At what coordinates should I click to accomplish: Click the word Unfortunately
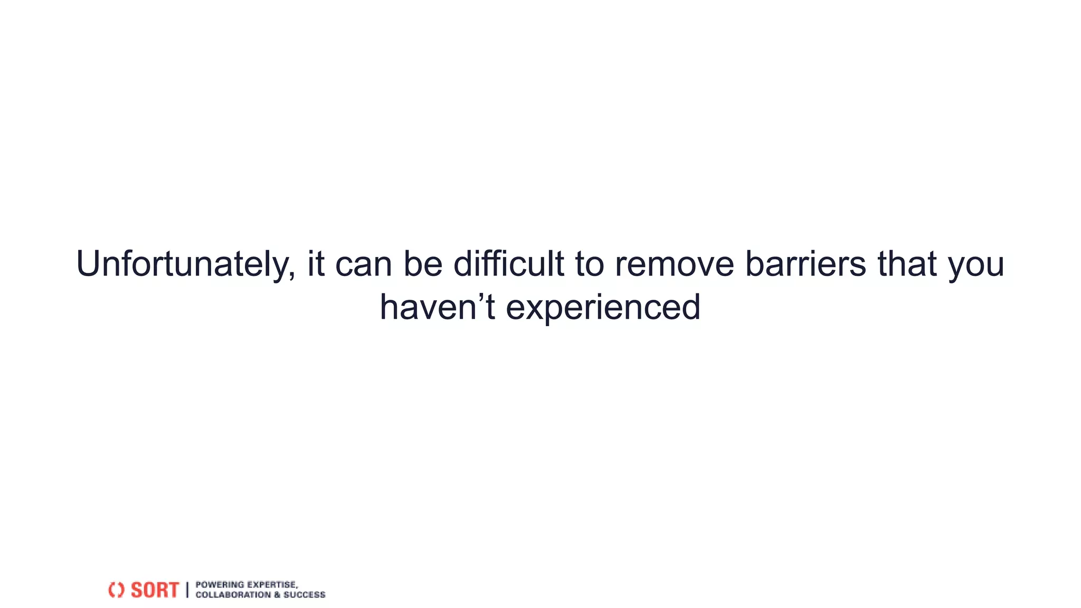186,264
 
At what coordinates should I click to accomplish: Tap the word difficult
509,264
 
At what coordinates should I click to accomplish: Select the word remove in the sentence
674,264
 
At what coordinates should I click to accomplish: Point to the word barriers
805,264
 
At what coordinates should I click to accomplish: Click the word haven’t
437,307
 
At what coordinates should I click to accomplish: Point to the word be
423,264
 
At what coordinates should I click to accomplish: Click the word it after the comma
316,264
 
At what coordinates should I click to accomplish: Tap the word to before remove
589,264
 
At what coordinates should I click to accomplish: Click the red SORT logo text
155,590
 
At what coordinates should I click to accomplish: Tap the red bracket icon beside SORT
116,590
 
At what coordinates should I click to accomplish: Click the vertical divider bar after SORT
187,590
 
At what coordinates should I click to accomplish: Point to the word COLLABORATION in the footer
233,595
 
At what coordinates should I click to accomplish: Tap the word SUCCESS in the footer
305,595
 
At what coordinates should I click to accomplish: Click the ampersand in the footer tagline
277,595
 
